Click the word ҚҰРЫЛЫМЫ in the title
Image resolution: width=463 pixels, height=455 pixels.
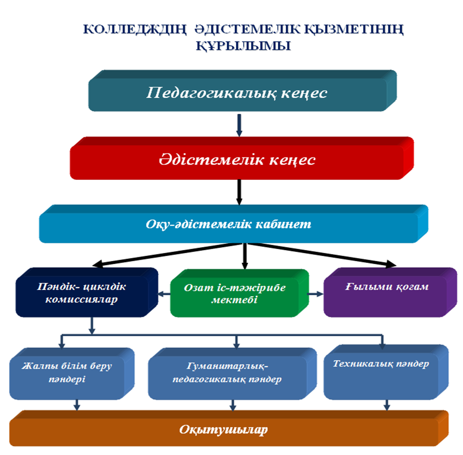tap(243, 46)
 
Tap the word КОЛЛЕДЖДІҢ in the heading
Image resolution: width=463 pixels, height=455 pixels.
tap(135, 29)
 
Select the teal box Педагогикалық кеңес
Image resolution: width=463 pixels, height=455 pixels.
tap(243, 91)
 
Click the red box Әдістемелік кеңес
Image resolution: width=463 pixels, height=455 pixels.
tap(241, 158)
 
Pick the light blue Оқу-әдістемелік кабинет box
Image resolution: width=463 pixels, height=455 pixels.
tap(233, 224)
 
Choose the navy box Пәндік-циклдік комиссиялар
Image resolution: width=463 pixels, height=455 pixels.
tap(87, 292)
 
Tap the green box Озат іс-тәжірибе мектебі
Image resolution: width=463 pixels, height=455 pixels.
tap(239, 293)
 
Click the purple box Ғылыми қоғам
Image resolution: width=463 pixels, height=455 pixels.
tap(390, 292)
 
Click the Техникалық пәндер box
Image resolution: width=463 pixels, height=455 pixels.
tap(386, 372)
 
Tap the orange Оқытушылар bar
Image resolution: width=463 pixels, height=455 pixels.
tap(229, 428)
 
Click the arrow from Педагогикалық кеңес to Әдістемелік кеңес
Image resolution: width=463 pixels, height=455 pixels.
tap(239, 125)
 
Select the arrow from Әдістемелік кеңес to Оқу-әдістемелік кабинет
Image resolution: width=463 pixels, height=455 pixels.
tap(239, 192)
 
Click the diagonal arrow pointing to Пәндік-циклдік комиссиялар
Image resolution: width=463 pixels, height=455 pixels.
tap(167, 255)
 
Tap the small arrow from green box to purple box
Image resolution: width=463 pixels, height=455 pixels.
tap(316, 294)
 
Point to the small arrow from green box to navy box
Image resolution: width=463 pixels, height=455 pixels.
tap(164, 294)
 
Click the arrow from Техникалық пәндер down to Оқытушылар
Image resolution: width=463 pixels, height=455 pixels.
tap(387, 405)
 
